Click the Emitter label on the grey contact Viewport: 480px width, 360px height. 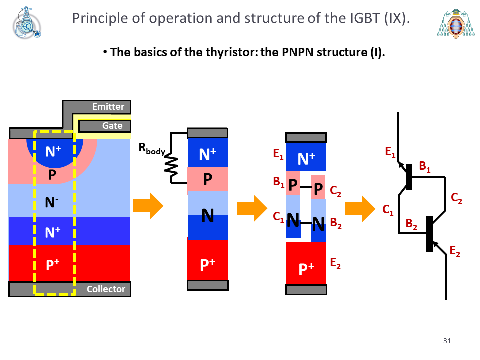[x=108, y=107]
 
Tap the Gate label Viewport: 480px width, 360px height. [x=112, y=126]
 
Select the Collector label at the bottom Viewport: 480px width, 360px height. [x=106, y=289]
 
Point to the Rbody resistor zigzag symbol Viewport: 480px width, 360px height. [x=171, y=166]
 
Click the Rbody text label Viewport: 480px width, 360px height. [x=152, y=149]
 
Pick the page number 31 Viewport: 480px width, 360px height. [x=447, y=341]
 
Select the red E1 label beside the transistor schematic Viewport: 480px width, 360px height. [x=390, y=152]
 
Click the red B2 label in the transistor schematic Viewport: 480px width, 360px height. [x=411, y=224]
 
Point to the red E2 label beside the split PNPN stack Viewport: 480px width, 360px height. [x=335, y=263]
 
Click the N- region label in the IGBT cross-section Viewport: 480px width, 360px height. [x=51, y=202]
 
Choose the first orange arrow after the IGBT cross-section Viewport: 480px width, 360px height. [x=148, y=205]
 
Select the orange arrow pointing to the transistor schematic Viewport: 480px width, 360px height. [x=360, y=209]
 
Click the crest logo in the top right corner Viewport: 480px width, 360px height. [x=456, y=23]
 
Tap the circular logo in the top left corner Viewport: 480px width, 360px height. [x=27, y=23]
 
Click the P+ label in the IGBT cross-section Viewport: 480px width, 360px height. [x=53, y=264]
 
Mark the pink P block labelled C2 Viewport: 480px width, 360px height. [x=318, y=187]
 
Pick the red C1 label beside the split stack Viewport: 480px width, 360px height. [x=278, y=217]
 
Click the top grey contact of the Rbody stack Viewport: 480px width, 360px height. [x=207, y=133]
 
